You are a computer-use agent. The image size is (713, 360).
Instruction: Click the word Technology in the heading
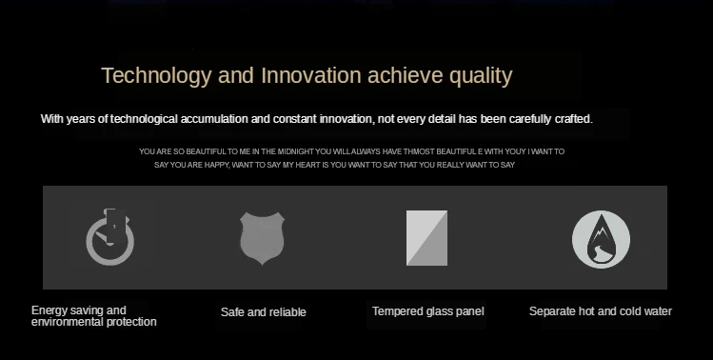pos(156,76)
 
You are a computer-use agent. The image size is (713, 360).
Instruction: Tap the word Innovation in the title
pos(311,75)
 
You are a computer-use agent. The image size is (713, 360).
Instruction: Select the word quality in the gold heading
pos(481,76)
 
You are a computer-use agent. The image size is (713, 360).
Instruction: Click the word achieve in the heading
pos(406,75)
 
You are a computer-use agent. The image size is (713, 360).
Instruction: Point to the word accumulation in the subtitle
pos(214,119)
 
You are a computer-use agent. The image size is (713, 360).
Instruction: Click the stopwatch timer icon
pos(110,236)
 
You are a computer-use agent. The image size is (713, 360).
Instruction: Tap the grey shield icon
pos(263,238)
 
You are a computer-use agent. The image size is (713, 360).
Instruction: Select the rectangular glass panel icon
pos(426,237)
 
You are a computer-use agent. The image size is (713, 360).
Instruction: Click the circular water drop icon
pos(601,239)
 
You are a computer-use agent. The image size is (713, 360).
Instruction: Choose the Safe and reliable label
pos(264,312)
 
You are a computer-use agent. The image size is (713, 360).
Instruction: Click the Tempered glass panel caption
pos(427,311)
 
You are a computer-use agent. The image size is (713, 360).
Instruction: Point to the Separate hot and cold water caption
pos(601,311)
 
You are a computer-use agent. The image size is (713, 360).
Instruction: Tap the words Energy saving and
pos(79,310)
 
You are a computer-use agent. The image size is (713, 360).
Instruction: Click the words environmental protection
pos(93,322)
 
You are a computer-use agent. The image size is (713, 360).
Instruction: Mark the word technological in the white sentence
pos(144,119)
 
